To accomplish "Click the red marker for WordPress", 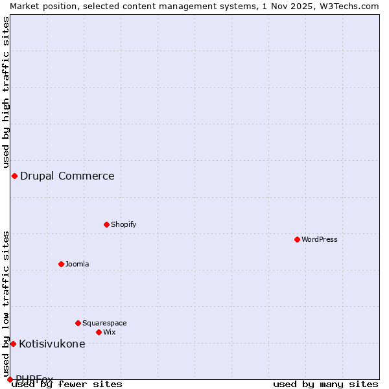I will coord(297,239).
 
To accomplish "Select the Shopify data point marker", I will coord(106,224).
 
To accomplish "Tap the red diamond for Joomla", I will coord(61,264).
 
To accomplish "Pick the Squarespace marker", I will coord(78,323).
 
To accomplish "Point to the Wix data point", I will coord(99,332).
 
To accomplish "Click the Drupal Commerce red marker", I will coord(14,176).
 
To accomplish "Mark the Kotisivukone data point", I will coord(13,344).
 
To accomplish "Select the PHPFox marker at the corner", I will coord(10,379).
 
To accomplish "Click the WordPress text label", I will coord(320,239).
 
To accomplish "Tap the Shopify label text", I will coord(123,224).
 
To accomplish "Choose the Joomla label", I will coord(77,264).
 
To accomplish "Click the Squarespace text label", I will coord(104,323).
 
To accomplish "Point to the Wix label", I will coord(109,332).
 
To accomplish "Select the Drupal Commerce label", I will coord(67,176).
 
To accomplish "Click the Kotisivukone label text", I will coord(52,344).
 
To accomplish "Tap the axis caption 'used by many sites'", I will coord(325,384).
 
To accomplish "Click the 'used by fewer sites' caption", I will coord(67,384).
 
